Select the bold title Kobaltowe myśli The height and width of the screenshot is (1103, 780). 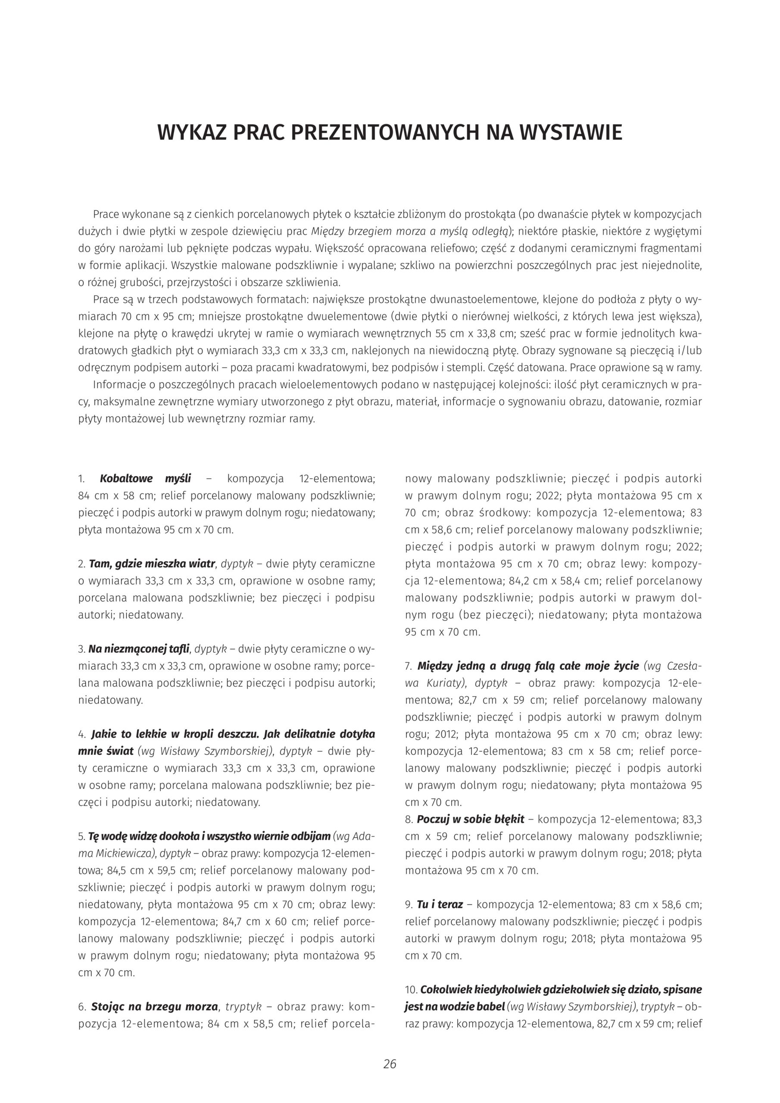(145, 479)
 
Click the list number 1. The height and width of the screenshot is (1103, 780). (81, 479)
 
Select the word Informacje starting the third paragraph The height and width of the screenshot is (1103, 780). (120, 384)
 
